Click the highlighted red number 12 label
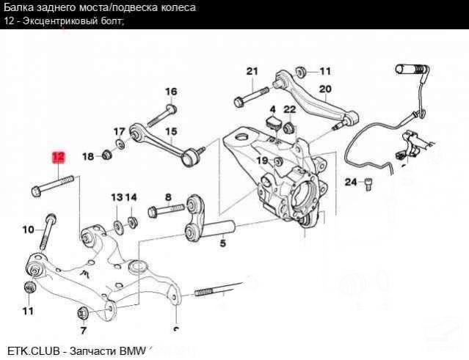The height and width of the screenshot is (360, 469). click(x=58, y=157)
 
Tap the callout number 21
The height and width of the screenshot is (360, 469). click(x=252, y=71)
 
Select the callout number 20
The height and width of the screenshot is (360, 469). click(x=325, y=89)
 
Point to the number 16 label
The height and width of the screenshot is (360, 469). click(x=171, y=92)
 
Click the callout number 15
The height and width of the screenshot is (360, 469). click(x=171, y=133)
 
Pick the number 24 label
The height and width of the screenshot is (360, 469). click(x=350, y=182)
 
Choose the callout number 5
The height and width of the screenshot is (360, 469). click(x=222, y=244)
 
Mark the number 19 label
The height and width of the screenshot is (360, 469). click(x=261, y=161)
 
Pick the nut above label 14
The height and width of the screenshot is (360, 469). click(x=132, y=221)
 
